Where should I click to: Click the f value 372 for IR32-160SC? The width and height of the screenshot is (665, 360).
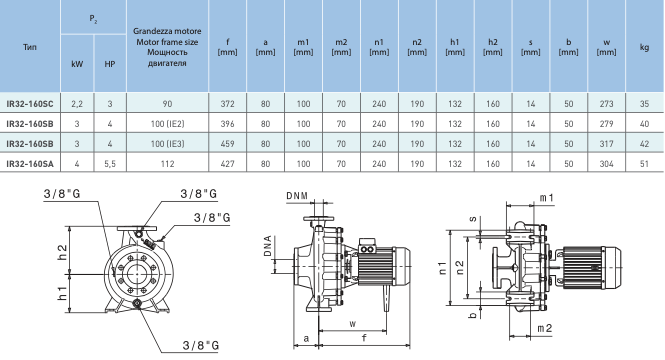227,104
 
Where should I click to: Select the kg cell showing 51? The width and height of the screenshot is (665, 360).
644,164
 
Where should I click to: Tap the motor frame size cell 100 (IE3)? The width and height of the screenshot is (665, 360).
168,144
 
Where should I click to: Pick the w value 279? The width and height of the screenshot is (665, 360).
606,124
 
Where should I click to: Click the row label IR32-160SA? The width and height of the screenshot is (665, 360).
30,164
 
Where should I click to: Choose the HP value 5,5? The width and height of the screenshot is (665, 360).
110,164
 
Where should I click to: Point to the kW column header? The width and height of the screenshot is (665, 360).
77,64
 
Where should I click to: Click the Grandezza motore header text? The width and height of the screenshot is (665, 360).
167,31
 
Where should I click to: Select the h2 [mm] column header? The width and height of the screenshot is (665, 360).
493,47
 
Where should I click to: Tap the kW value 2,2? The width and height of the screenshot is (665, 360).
77,104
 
